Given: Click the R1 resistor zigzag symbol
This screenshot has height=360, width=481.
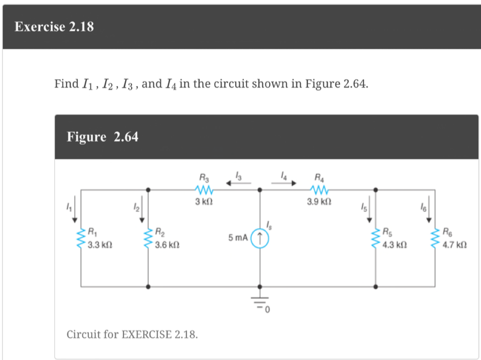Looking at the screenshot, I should tap(81, 238).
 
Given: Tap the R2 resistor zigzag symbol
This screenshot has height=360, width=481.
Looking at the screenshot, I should tap(148, 238).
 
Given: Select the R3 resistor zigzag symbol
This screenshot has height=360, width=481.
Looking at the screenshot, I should tap(204, 189).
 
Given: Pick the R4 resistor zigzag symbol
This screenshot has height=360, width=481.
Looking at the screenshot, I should tap(319, 189).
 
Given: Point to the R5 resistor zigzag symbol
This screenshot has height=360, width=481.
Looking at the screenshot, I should tap(376, 238).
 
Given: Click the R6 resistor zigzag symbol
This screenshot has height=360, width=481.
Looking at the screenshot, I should tap(435, 238).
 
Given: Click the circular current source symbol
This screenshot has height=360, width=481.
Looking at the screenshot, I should tap(259, 239).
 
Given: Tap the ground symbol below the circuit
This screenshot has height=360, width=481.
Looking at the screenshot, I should tap(260, 302).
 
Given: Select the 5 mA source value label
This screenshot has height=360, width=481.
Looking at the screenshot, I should tap(238, 238).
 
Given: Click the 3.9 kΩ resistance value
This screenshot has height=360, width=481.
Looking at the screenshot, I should tap(319, 202).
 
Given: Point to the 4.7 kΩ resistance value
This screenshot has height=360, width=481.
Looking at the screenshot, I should tap(454, 245).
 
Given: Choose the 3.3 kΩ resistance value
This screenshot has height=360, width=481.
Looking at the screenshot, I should tap(100, 245).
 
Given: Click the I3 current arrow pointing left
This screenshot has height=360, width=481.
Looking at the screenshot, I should tap(238, 183).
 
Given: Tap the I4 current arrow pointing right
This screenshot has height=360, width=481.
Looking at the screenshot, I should tap(284, 183).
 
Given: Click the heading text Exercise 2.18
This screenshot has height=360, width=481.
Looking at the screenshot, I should tap(54, 27).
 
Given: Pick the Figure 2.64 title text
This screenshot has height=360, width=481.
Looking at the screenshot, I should tap(102, 137).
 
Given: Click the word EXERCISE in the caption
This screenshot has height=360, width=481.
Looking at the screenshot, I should tap(147, 334).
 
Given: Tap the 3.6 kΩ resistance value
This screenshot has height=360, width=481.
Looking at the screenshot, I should tap(167, 245).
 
